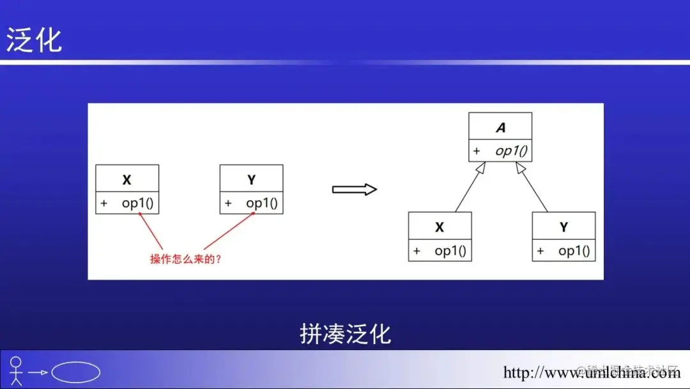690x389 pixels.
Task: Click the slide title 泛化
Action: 34,40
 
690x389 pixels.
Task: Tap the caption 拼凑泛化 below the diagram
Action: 345,334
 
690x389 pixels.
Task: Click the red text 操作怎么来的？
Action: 186,259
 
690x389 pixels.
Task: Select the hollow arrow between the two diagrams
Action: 355,189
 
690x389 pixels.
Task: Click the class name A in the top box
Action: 500,128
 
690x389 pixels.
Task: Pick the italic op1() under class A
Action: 511,152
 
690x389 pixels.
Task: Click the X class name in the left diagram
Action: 127,180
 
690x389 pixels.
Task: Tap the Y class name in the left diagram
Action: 251,180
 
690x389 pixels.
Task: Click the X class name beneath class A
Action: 440,228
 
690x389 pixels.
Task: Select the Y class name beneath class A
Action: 563,228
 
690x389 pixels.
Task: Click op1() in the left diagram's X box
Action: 137,204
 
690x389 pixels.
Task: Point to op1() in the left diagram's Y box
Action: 262,204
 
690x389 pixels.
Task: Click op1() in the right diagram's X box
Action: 450,251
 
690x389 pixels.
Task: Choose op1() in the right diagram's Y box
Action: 574,251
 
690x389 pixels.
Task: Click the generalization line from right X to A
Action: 470,188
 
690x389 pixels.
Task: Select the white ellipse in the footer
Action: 75,372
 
